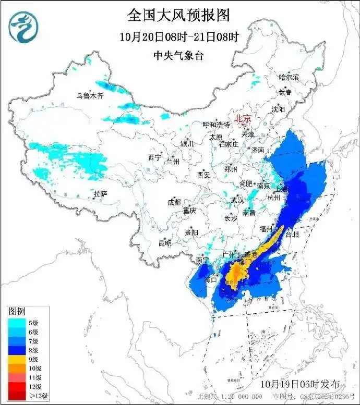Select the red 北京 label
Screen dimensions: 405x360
point(243,118)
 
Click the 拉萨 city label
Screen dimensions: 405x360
point(100,194)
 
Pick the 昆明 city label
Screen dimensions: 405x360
point(165,243)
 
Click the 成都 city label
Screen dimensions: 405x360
point(174,202)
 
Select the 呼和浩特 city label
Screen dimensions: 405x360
point(217,125)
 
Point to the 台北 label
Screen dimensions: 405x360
point(292,235)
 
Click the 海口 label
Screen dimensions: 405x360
point(210,280)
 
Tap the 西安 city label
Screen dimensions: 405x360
point(203,175)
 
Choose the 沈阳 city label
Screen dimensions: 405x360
point(278,109)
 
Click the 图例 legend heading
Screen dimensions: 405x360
point(17,311)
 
